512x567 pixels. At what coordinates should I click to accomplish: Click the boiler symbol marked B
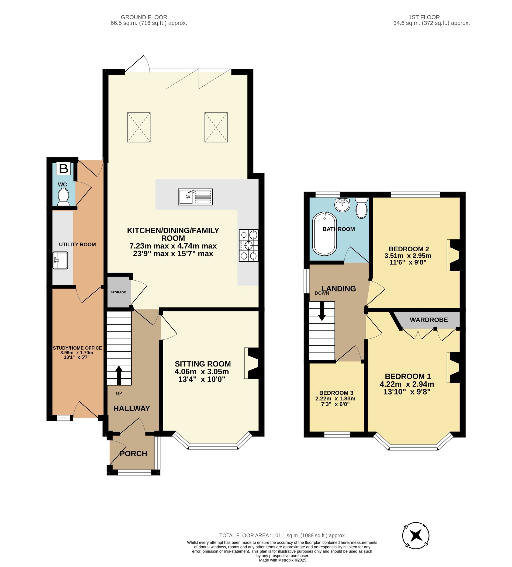click(x=64, y=168)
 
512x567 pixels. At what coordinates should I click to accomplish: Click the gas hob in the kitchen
click(x=248, y=246)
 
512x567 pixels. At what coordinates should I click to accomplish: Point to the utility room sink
click(x=60, y=260)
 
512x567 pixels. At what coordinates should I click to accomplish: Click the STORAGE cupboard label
click(x=118, y=292)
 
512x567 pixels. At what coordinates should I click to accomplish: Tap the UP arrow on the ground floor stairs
click(x=119, y=375)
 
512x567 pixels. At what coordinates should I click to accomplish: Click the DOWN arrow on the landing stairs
click(x=322, y=311)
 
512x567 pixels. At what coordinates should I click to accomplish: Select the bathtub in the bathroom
click(x=325, y=234)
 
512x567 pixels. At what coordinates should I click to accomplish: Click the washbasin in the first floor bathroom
click(x=342, y=205)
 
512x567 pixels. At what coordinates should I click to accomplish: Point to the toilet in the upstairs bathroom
click(x=361, y=208)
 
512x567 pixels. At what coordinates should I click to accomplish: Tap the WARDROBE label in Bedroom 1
click(x=429, y=320)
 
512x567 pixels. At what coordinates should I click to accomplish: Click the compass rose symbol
click(x=416, y=536)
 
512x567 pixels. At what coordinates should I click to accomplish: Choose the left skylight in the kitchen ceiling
click(x=139, y=127)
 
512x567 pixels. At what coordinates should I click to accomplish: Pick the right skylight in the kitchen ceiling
click(x=216, y=127)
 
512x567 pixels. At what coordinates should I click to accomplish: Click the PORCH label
click(x=133, y=454)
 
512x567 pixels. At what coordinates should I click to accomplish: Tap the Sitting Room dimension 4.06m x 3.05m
click(x=202, y=372)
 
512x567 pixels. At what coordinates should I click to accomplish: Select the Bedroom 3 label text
click(x=336, y=393)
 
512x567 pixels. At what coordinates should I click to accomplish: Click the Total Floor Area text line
click(x=282, y=536)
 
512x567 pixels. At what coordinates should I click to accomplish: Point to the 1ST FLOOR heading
click(x=424, y=17)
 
